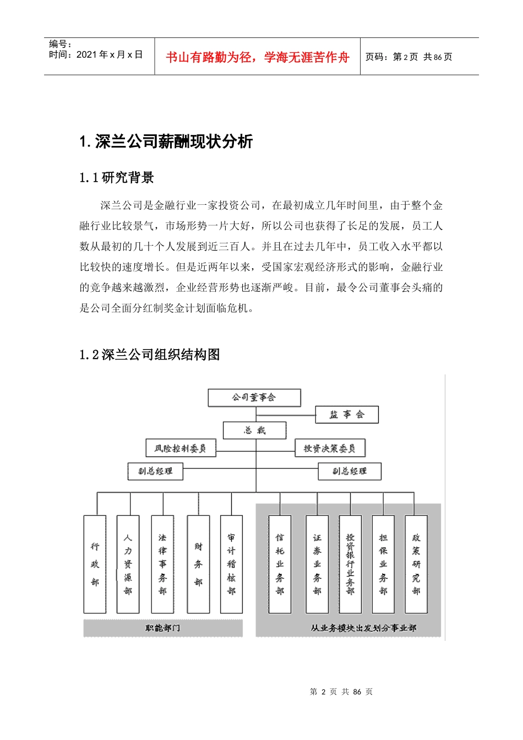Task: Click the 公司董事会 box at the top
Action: pos(254,398)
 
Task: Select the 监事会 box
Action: pos(347,415)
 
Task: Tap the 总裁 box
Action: pos(254,431)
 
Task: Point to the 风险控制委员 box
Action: pos(180,448)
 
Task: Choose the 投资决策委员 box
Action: pos(330,448)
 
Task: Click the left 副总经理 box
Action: pos(155,471)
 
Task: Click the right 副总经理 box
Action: pos(350,471)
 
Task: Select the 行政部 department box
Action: pos(95,564)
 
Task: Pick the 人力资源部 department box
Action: pos(128,564)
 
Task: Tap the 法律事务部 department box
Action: pos(162,564)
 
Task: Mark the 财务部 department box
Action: pos(198,564)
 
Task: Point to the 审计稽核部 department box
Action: pos(231,564)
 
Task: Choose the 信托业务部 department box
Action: pos(280,564)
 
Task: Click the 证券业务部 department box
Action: pos(317,564)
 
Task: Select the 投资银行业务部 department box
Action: pos(350,564)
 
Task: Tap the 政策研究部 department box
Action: pos(416,564)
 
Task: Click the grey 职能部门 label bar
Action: pos(163,628)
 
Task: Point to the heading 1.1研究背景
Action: pos(117,178)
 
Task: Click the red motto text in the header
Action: pos(258,57)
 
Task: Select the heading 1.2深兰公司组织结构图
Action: pos(150,355)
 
